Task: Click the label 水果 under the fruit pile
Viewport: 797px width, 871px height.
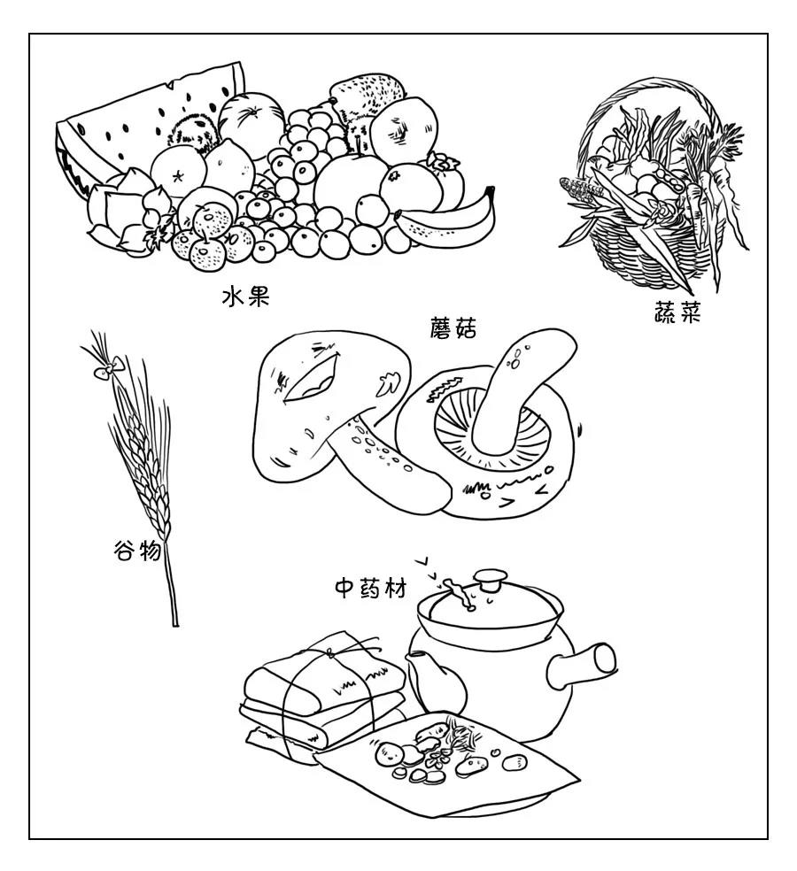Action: pyautogui.click(x=244, y=297)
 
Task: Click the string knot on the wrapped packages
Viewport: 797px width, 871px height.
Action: pyautogui.click(x=330, y=654)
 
